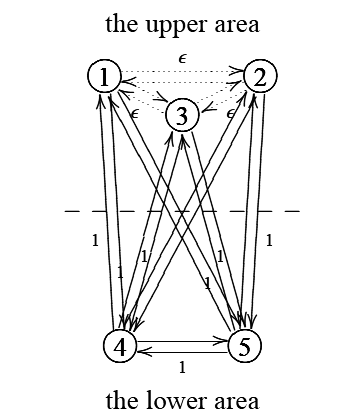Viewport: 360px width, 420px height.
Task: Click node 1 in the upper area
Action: tap(104, 75)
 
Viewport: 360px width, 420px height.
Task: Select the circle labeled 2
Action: tap(260, 75)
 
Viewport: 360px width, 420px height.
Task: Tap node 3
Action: tap(182, 115)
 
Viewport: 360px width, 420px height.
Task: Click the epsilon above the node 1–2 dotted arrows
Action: tap(181, 58)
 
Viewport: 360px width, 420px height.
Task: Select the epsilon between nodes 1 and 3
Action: tap(134, 114)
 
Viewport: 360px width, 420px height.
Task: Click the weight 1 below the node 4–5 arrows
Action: tap(181, 367)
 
